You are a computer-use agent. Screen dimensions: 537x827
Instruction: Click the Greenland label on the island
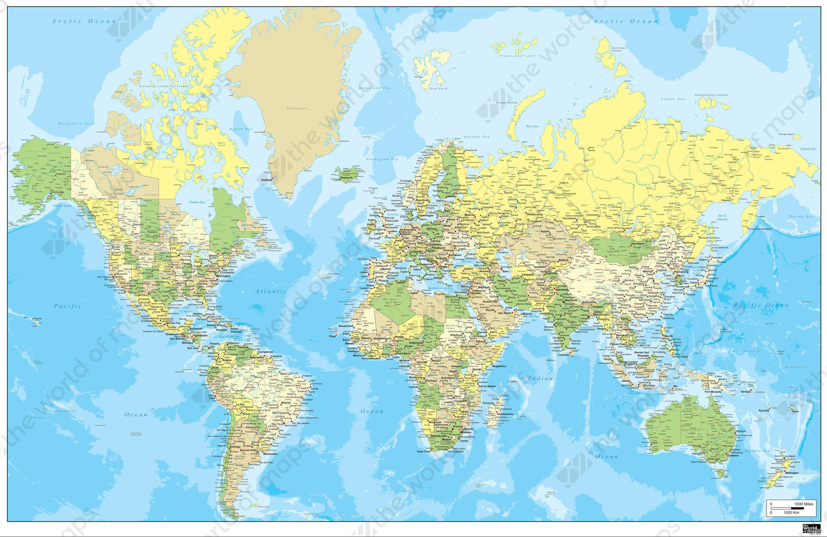pos(297,109)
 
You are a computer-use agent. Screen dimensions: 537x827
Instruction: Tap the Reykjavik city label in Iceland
pos(346,178)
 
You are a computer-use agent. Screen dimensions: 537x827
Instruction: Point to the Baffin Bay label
pos(241,130)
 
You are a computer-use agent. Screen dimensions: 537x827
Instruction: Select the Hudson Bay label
pos(197,202)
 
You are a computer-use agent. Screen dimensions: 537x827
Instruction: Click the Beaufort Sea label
pos(76,123)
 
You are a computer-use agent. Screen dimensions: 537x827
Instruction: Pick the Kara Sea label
pos(532,126)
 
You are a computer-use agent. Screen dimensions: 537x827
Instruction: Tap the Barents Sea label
pos(476,137)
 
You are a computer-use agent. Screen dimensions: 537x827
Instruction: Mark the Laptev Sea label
pos(673,99)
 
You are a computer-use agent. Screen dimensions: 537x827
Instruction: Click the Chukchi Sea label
pos(808,149)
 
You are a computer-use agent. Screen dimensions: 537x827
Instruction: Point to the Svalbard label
pos(439,89)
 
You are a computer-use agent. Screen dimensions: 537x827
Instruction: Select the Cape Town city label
pos(424,452)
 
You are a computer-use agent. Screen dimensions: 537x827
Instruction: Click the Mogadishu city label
pos(499,366)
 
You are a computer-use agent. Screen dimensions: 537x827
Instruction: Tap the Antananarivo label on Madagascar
pos(505,414)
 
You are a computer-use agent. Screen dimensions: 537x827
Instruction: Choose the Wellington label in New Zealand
pos(791,472)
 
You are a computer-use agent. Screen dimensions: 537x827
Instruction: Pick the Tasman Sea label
pos(758,451)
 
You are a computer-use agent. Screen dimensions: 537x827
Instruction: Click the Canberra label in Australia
pos(733,455)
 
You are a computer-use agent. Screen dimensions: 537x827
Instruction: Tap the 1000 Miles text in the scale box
pos(803,504)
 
